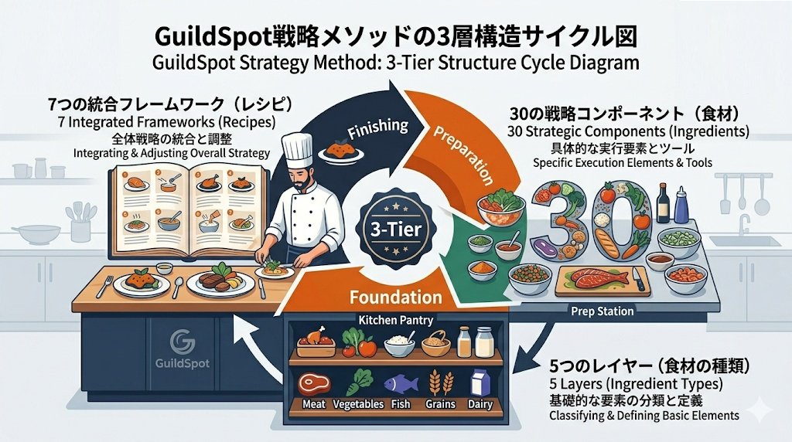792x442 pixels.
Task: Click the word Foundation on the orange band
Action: pyautogui.click(x=395, y=297)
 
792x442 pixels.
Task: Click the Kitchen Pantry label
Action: pyautogui.click(x=395, y=318)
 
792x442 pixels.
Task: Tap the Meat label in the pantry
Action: pyautogui.click(x=314, y=403)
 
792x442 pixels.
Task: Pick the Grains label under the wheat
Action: pyautogui.click(x=440, y=403)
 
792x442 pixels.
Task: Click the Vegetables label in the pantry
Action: pyautogui.click(x=358, y=403)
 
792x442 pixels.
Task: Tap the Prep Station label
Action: pyautogui.click(x=603, y=311)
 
